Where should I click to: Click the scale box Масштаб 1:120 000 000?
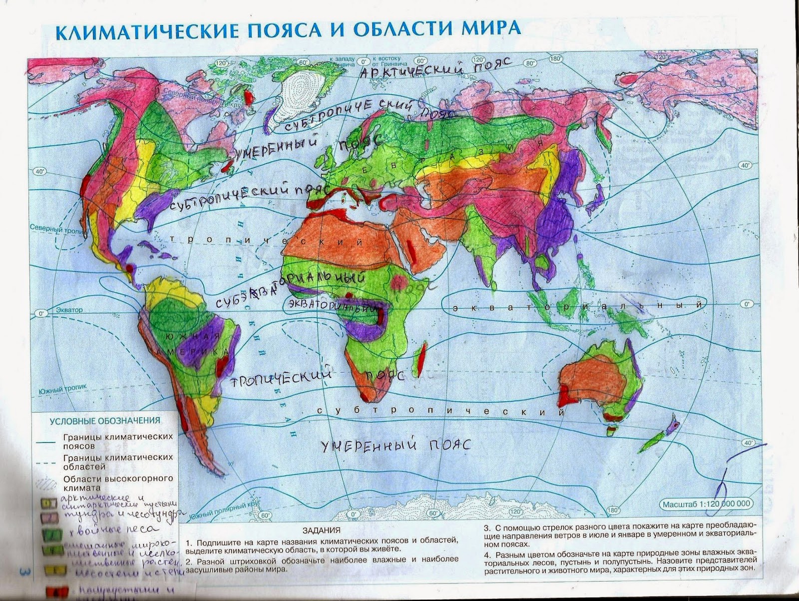706,505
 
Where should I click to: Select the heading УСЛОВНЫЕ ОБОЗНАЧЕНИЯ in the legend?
105,421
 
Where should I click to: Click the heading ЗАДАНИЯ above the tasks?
322,530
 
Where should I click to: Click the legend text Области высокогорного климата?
117,483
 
